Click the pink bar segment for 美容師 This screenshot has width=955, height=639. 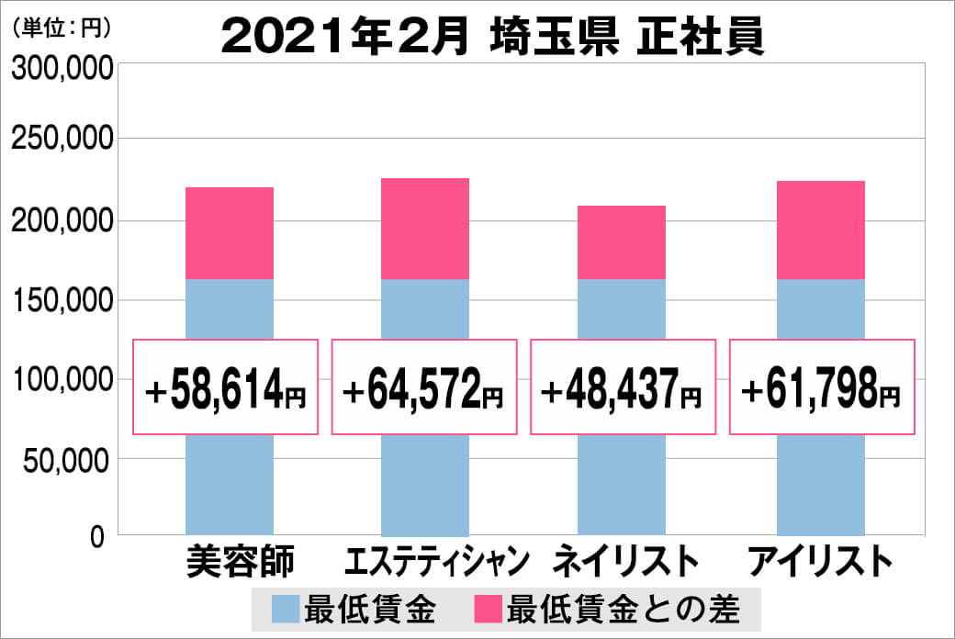pos(229,233)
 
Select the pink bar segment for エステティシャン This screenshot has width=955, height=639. pos(424,229)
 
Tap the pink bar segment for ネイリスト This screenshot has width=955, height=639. pos(622,242)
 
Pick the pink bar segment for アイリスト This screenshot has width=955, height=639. pos(820,230)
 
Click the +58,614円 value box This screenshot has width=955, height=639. pos(226,387)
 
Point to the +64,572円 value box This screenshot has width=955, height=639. pos(424,387)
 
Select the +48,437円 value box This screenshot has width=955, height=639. pos(623,387)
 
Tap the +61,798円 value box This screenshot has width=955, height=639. pos(822,387)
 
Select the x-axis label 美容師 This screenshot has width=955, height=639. pos(228,561)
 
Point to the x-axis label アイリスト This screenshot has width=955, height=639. pos(821,561)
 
